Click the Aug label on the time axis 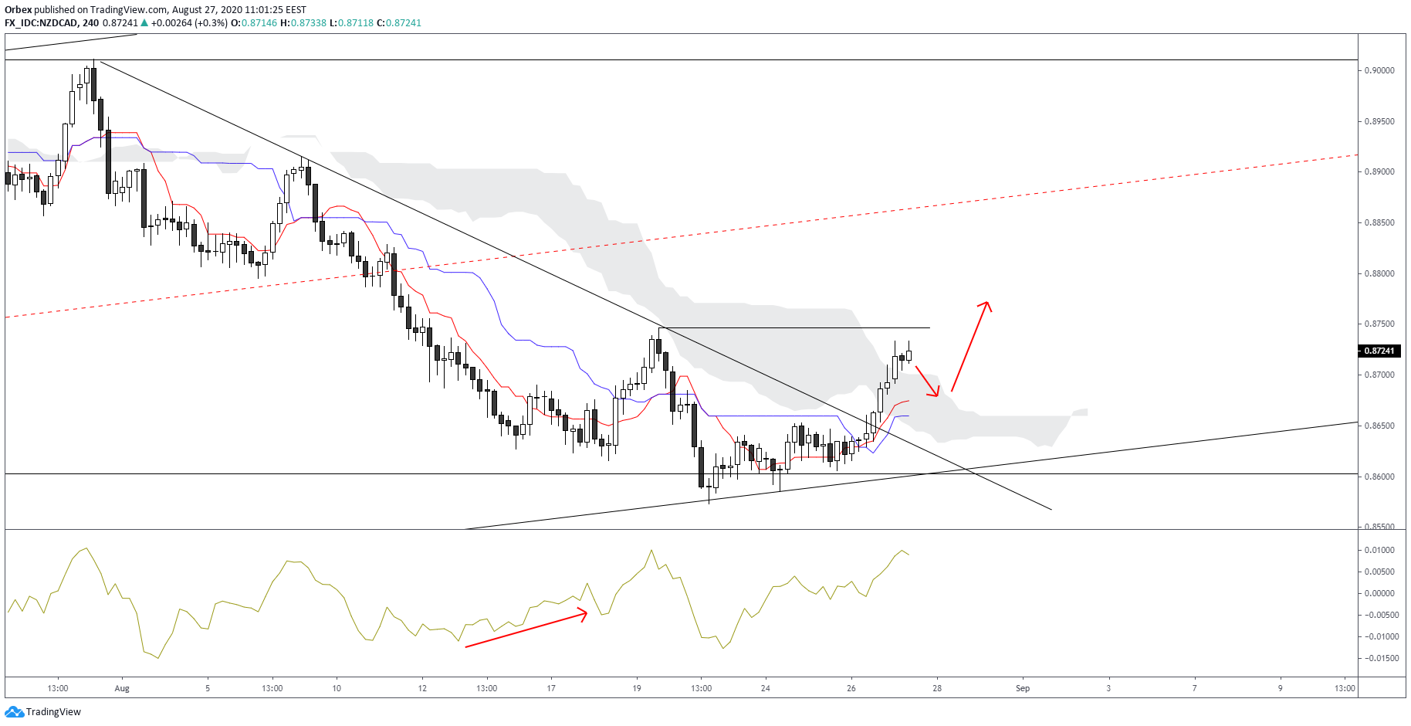122,688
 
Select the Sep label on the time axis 1022,688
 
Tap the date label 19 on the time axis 637,688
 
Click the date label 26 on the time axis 851,688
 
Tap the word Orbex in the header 18,10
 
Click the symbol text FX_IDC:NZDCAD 41,23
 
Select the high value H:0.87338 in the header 303,23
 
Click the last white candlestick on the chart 909,356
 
